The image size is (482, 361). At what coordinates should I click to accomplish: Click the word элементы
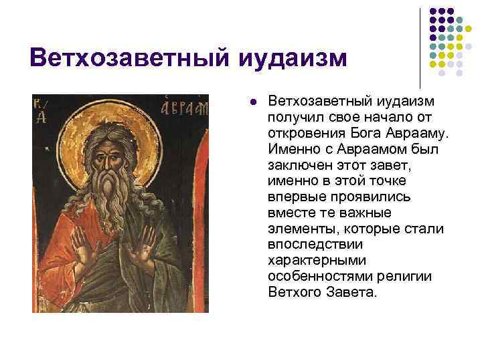[x=299, y=228]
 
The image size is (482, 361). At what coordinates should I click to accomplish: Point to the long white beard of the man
[x=117, y=201]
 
